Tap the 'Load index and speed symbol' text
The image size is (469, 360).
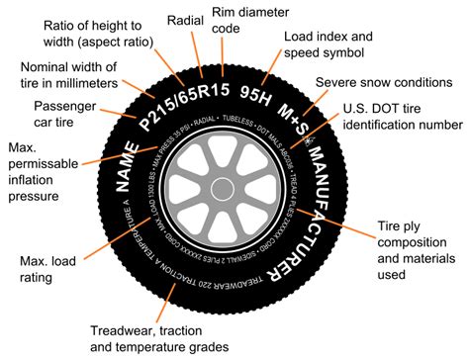[x=326, y=44]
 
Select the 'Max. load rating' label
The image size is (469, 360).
[x=42, y=268]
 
